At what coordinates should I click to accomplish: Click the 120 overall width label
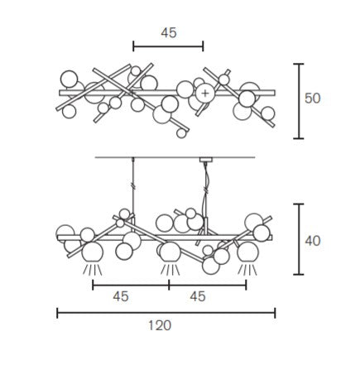(160, 325)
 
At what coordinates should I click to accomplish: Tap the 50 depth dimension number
(312, 98)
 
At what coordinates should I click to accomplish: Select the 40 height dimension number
(313, 241)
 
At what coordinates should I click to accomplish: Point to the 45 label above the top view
(169, 33)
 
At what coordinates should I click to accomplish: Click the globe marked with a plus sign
(205, 94)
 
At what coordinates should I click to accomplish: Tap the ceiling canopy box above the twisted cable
(205, 160)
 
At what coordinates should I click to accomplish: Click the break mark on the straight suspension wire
(133, 186)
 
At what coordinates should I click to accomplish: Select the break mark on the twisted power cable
(206, 190)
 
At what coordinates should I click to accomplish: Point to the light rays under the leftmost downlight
(93, 269)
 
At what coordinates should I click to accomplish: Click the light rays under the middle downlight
(170, 269)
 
